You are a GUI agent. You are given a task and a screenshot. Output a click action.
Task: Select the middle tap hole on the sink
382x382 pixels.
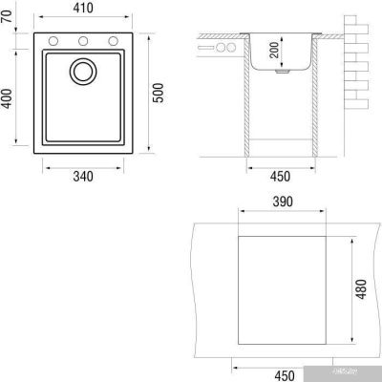[x=82, y=40]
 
